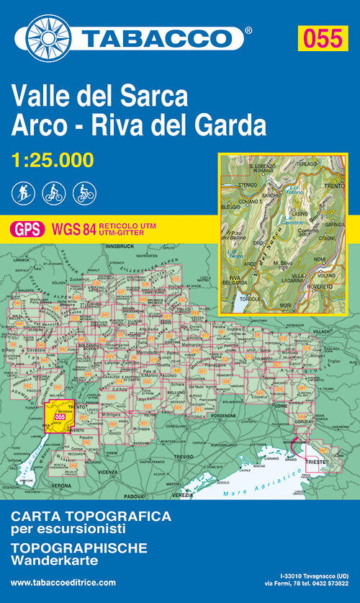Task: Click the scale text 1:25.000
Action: point(53,159)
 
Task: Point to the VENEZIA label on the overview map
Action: point(182,495)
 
